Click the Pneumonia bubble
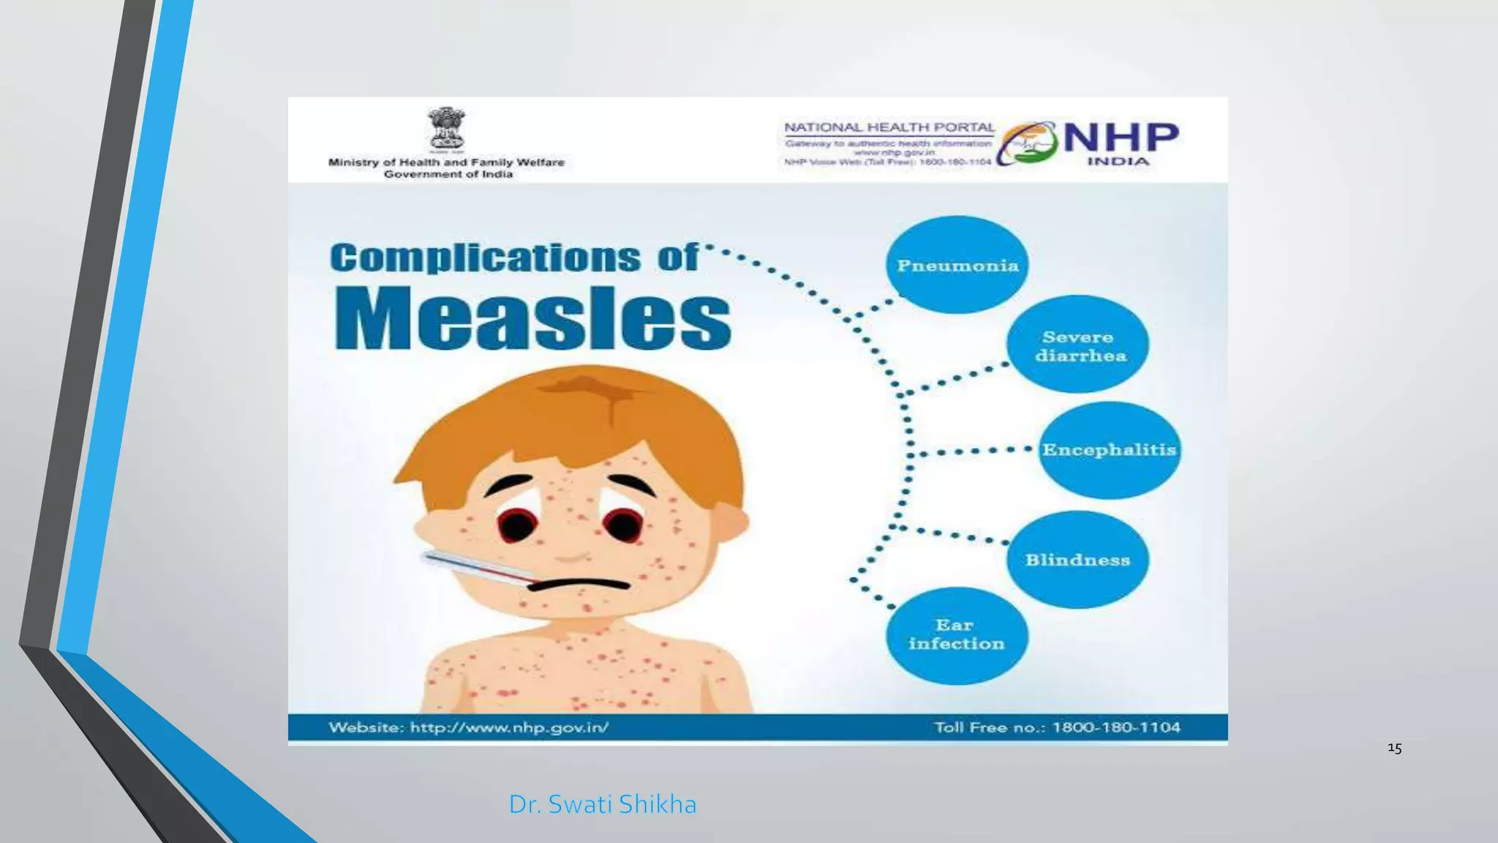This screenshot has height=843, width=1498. [957, 265]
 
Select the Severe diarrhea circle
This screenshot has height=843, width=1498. [1078, 345]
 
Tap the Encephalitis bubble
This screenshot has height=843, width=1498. [1109, 450]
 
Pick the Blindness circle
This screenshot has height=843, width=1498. [1077, 560]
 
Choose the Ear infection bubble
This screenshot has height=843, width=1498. [956, 635]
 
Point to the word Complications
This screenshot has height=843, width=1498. [485, 258]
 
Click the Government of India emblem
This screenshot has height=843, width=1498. [446, 129]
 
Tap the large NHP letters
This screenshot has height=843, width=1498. [1120, 138]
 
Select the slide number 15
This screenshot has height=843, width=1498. [1394, 748]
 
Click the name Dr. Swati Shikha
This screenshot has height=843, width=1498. [602, 804]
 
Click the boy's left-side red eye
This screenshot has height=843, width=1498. [517, 524]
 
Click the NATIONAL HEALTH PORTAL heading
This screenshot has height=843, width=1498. [889, 127]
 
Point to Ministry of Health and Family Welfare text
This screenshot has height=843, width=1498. [446, 162]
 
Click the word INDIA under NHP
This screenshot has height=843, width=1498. [1118, 161]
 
